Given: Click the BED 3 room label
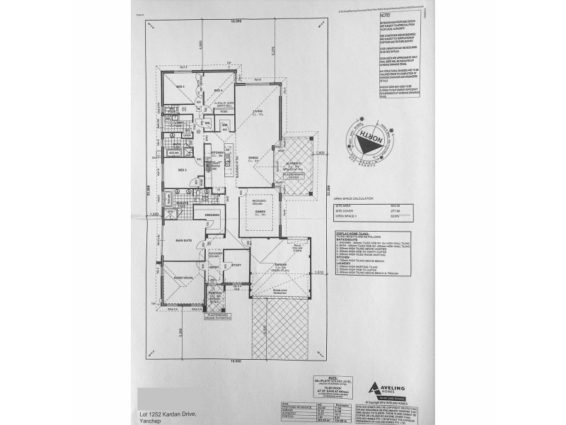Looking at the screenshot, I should (x=180, y=87).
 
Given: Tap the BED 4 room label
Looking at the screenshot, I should (x=219, y=91).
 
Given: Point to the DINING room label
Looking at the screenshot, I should (x=253, y=159).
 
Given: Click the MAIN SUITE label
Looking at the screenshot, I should (x=184, y=241).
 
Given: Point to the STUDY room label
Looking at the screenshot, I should (x=236, y=266).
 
